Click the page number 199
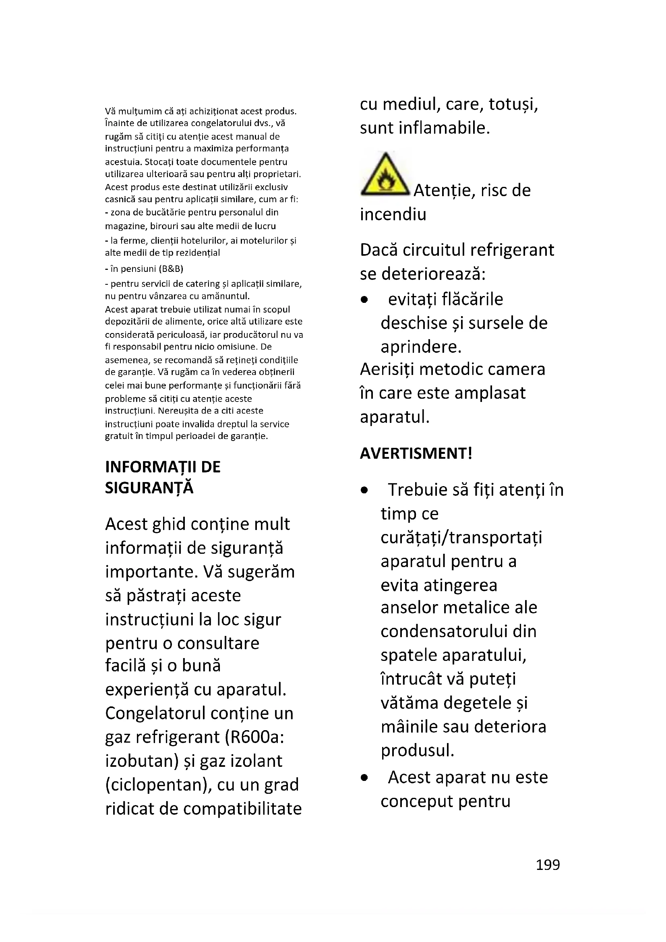[548, 864]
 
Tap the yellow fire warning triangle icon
[385, 176]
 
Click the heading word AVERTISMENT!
[416, 453]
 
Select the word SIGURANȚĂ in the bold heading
[149, 488]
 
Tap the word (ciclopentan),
[158, 785]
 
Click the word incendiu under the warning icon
[393, 214]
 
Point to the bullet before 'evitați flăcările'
[364, 300]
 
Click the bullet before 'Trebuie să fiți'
[364, 490]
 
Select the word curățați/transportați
[461, 537]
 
